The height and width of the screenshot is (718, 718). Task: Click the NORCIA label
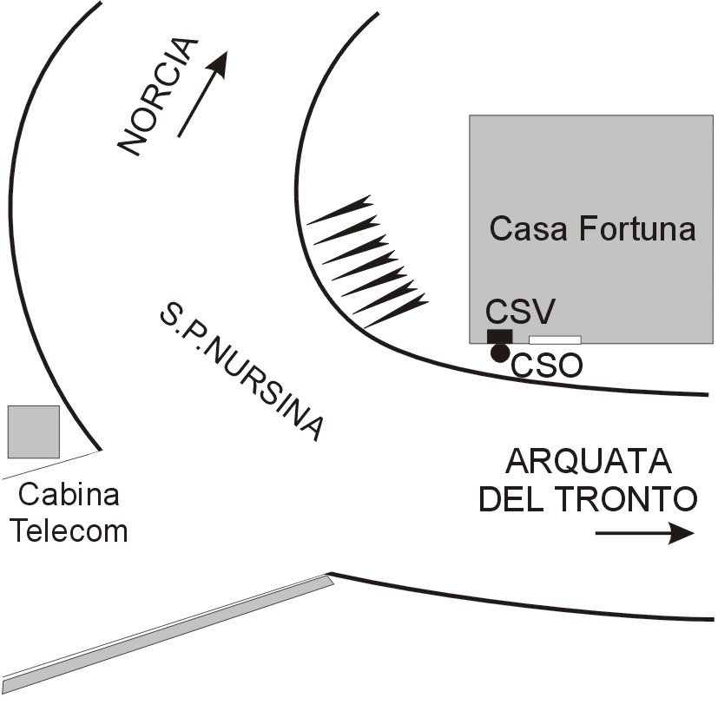tap(158, 96)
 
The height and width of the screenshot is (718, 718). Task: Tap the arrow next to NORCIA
tap(202, 94)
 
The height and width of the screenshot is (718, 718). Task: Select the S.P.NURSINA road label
tap(241, 371)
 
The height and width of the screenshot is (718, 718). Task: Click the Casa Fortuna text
tap(592, 228)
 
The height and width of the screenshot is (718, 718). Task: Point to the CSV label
tap(520, 312)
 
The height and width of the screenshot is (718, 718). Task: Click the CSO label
tap(546, 366)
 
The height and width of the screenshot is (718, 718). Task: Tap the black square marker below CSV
tap(499, 336)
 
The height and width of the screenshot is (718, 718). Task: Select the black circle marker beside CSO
tap(499, 353)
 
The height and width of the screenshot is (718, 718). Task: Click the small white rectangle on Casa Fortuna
tap(555, 339)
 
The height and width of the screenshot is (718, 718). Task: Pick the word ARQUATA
tap(589, 462)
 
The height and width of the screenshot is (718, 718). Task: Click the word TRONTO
tap(625, 498)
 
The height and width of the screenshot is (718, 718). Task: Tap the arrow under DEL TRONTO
tap(645, 533)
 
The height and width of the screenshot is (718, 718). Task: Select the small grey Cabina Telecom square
tap(34, 431)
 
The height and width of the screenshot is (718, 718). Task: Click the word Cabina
tap(69, 495)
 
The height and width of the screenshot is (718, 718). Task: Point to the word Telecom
tap(69, 531)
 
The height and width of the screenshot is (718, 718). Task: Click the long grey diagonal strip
tap(168, 634)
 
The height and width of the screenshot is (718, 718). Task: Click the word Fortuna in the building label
tap(637, 228)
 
